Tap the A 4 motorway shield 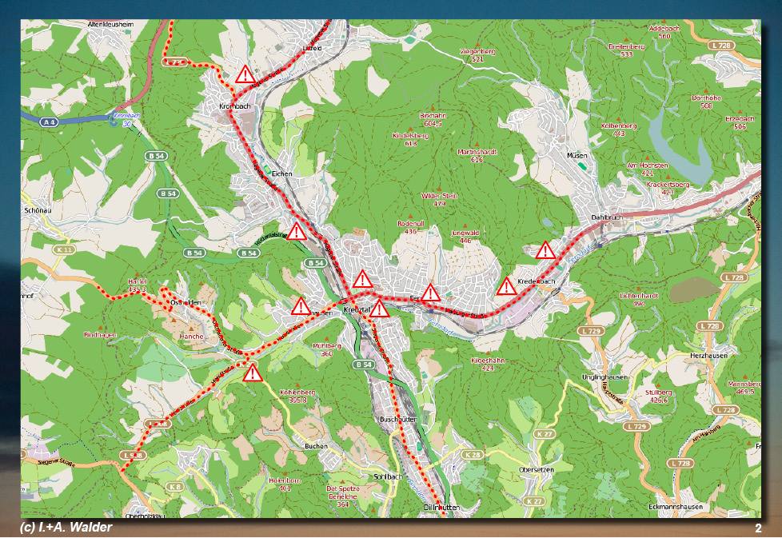click(x=50, y=122)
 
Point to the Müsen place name click(x=577, y=155)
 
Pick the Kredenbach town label click(x=536, y=282)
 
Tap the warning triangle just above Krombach click(x=245, y=76)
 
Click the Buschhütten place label click(x=397, y=419)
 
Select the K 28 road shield click(x=473, y=454)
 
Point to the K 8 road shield click(x=174, y=486)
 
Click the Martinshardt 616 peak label click(x=477, y=155)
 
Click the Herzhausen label click(x=708, y=355)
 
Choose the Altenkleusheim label click(x=110, y=25)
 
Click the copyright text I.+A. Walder click(x=66, y=528)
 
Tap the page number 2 click(x=757, y=528)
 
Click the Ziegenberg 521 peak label click(x=477, y=54)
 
